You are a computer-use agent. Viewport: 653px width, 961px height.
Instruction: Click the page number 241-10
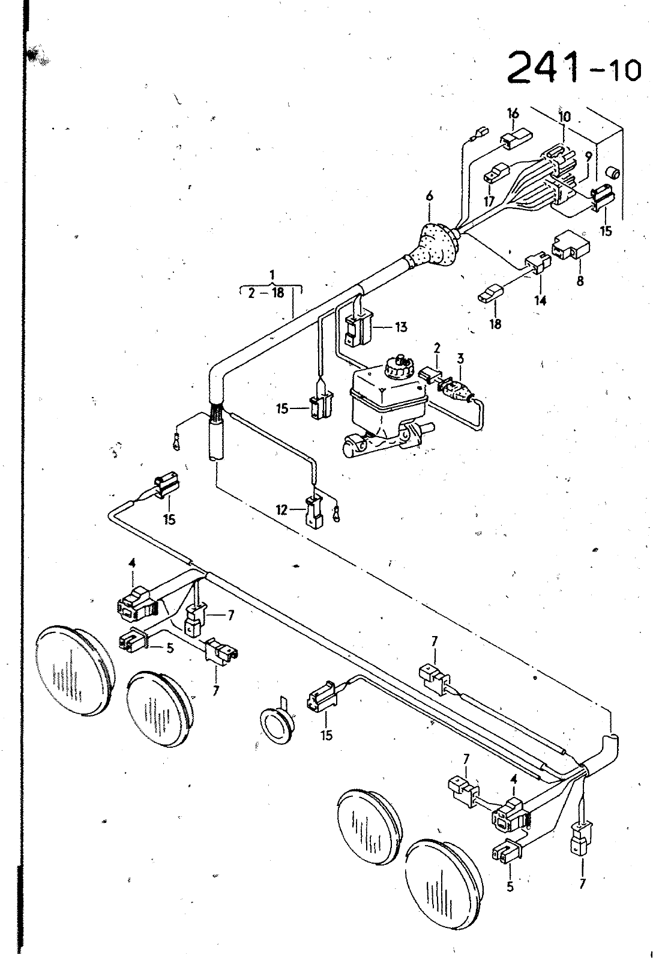tap(574, 68)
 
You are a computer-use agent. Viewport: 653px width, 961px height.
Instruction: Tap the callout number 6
tap(430, 196)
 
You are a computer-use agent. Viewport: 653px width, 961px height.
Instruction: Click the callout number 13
tap(401, 327)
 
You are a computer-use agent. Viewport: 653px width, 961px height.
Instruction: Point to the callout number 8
tap(580, 281)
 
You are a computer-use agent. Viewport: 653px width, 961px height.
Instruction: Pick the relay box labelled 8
tap(571, 246)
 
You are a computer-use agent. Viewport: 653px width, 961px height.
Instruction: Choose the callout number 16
tap(513, 114)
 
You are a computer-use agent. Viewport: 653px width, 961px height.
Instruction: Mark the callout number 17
tap(489, 200)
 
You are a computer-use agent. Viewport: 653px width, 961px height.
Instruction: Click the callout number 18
tap(495, 323)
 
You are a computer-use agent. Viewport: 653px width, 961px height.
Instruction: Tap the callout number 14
tap(541, 300)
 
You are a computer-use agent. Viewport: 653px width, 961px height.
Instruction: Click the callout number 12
tap(281, 510)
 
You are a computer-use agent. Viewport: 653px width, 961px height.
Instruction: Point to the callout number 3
tap(460, 358)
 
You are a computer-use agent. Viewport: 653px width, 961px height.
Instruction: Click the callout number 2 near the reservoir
tap(437, 348)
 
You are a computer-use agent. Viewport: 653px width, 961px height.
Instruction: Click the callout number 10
tap(565, 116)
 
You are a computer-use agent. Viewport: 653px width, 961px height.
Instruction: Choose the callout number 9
tap(588, 156)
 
